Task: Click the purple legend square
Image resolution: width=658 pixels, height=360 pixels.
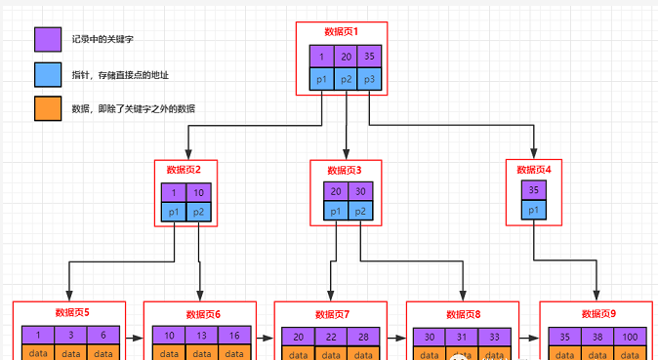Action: click(x=48, y=40)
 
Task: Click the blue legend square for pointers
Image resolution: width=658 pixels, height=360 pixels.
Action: click(x=48, y=74)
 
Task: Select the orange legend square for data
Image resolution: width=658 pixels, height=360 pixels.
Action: click(x=48, y=108)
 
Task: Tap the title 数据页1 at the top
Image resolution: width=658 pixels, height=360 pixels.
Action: click(x=342, y=31)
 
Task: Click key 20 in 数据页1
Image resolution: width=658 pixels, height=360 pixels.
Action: click(x=346, y=57)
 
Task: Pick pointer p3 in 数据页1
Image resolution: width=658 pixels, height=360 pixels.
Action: click(x=369, y=80)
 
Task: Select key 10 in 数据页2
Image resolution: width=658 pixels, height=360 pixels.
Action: click(x=198, y=192)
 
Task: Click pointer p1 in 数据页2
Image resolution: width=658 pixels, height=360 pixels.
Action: click(x=174, y=212)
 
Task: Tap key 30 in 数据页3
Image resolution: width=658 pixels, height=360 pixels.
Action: click(x=361, y=191)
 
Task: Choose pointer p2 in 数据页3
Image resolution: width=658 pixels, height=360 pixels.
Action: click(x=361, y=212)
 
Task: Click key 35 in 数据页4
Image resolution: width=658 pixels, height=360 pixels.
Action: click(x=534, y=189)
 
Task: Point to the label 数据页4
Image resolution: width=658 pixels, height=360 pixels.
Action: click(x=534, y=170)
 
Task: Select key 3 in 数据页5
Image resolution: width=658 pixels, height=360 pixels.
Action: click(x=69, y=335)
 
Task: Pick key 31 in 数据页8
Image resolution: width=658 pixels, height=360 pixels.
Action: click(x=461, y=337)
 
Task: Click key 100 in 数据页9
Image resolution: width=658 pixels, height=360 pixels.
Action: click(x=629, y=337)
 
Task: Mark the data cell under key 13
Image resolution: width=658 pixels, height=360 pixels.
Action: click(x=201, y=353)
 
